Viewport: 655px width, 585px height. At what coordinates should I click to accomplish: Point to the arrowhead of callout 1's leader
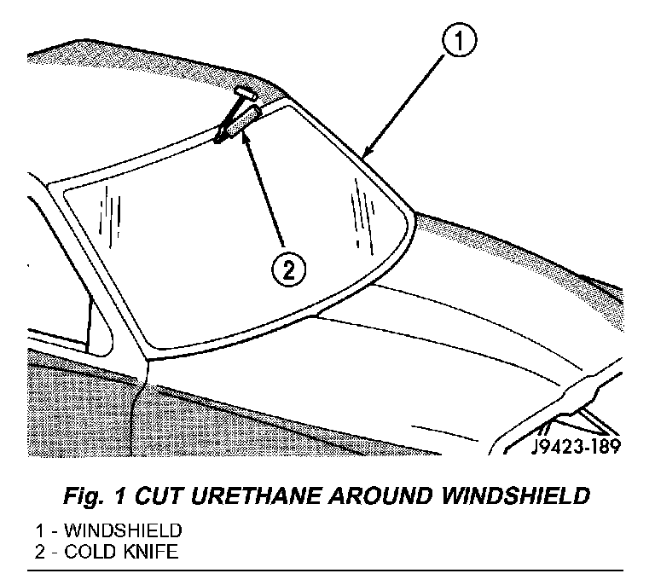[364, 156]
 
